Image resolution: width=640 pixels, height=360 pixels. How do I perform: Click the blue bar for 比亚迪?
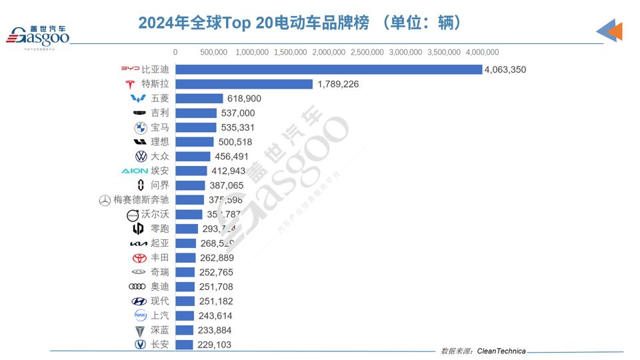tap(328, 69)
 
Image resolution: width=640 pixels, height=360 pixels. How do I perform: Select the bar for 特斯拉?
tap(244, 84)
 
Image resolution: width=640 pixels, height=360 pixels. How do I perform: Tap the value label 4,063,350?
tap(505, 70)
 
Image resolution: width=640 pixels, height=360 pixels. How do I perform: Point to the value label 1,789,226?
tap(338, 84)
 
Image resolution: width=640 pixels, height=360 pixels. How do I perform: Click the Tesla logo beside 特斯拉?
tap(130, 84)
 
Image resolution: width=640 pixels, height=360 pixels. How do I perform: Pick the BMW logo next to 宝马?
tap(140, 127)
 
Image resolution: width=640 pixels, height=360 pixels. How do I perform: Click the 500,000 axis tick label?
tap(214, 52)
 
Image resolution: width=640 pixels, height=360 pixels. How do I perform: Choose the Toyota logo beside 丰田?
tap(139, 258)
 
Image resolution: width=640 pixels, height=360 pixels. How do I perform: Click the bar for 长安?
tap(185, 345)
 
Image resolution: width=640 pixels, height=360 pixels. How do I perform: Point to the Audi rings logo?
tap(137, 287)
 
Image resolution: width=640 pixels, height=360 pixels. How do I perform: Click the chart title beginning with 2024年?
tap(300, 23)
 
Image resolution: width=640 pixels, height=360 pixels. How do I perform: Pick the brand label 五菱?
tap(160, 99)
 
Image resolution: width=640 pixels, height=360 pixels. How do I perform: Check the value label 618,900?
tap(244, 99)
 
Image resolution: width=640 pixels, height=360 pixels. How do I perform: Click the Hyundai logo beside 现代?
tap(139, 301)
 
